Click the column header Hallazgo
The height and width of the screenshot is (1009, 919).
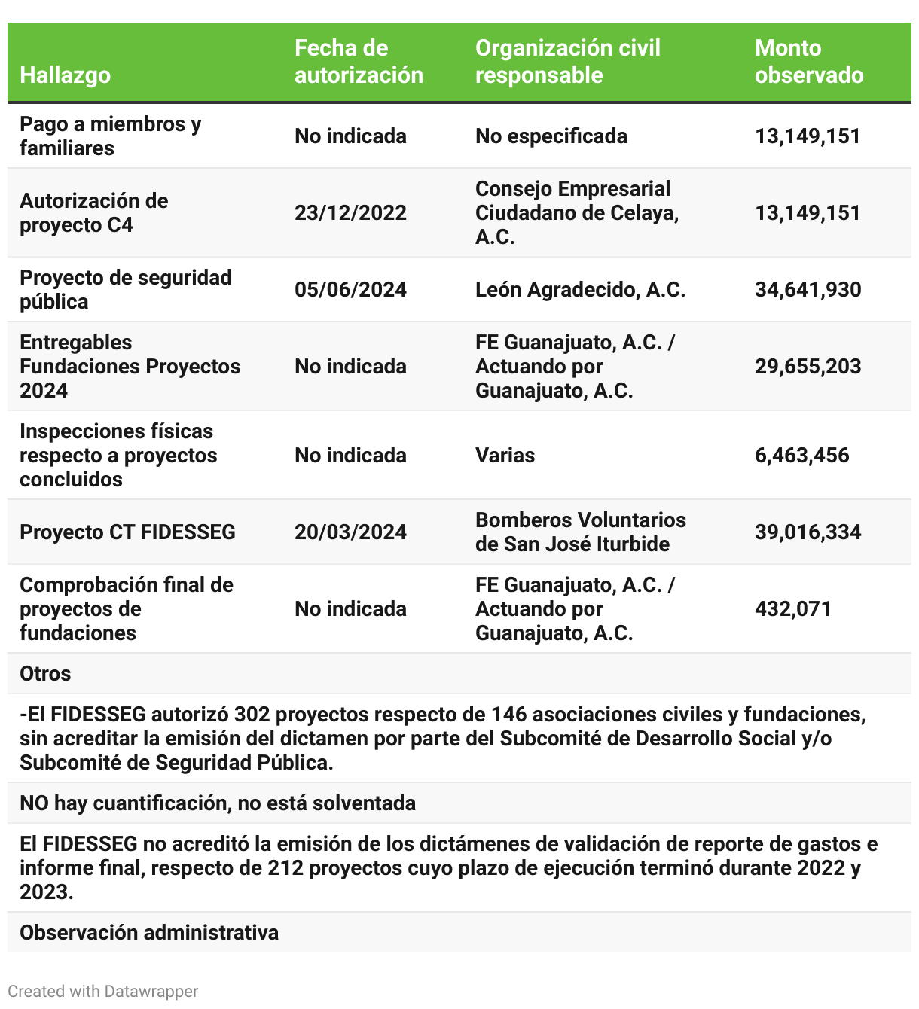[66, 75]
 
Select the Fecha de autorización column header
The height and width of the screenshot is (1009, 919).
[359, 62]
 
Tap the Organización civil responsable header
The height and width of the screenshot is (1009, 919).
[568, 62]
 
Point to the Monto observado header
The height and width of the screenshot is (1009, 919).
[809, 62]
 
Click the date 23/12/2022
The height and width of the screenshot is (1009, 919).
[350, 213]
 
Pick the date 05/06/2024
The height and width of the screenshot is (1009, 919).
[350, 290]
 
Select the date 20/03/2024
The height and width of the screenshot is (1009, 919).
[350, 532]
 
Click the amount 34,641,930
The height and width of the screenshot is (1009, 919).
[808, 290]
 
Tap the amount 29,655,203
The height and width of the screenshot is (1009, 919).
[808, 367]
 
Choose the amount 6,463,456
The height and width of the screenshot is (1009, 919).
[802, 456]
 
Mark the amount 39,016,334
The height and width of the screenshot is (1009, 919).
[808, 532]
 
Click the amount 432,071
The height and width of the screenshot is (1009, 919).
[793, 609]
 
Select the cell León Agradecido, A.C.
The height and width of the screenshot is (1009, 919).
[580, 290]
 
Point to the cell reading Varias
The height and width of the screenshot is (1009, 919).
[505, 456]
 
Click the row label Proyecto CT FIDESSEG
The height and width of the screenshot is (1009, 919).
[127, 532]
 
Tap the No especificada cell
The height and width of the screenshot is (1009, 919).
[551, 136]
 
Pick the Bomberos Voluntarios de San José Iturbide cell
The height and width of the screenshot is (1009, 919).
[580, 532]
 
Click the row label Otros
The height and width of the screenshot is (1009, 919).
[45, 674]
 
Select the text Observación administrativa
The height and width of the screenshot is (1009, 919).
[149, 933]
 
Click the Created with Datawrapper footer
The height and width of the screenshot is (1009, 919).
[103, 992]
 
